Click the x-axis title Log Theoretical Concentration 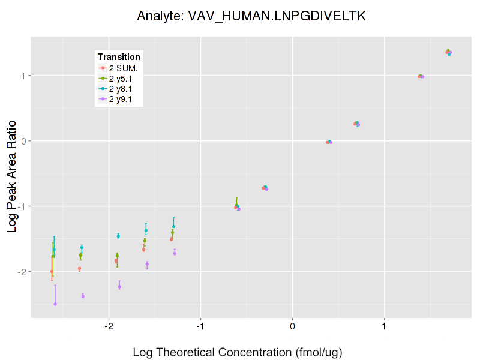point(238,352)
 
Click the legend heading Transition point(119,57)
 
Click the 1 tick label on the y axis point(24,76)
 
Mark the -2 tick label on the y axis point(22,272)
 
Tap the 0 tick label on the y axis point(24,141)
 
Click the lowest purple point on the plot point(55,304)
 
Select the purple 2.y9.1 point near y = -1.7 point(175,253)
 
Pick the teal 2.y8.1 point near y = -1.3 point(173,226)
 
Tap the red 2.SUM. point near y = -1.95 point(79,269)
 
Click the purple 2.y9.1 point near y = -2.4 point(83,296)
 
